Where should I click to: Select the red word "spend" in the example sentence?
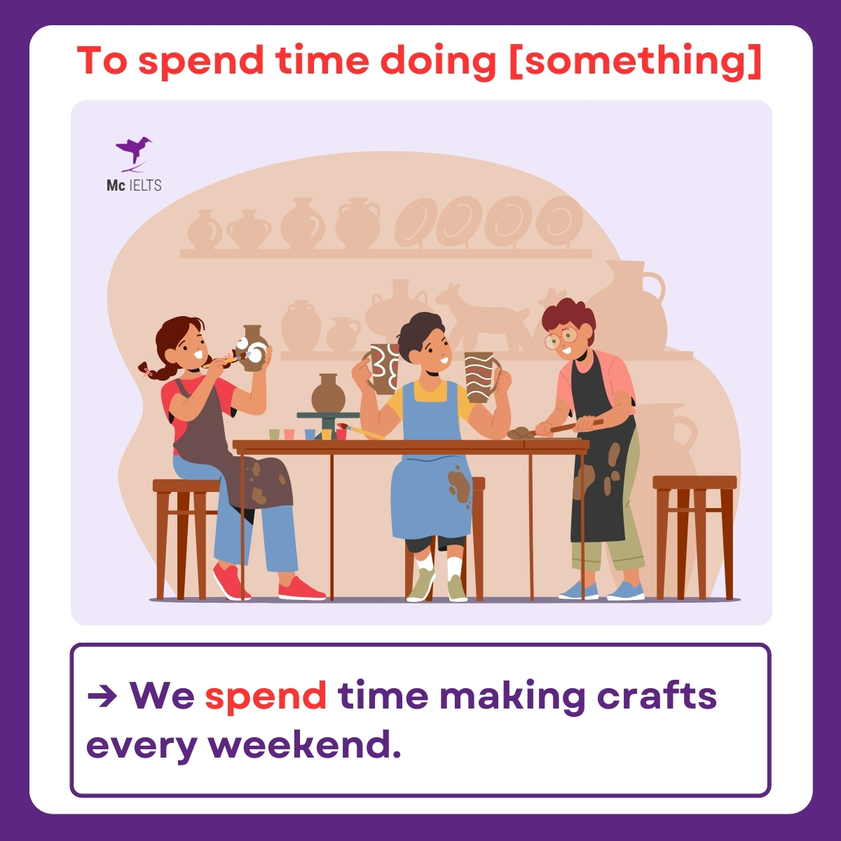coord(266,695)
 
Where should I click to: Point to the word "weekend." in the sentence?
coord(305,744)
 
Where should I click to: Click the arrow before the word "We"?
coord(102,695)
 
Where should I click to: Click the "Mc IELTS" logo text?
coord(134,186)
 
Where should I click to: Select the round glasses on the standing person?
coord(561,339)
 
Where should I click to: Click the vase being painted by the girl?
coord(253,348)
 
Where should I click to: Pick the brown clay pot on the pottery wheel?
coord(328,394)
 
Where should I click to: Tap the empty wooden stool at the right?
coord(695,533)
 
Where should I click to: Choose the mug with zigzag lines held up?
coord(481,376)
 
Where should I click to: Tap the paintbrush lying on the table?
coord(361,431)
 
